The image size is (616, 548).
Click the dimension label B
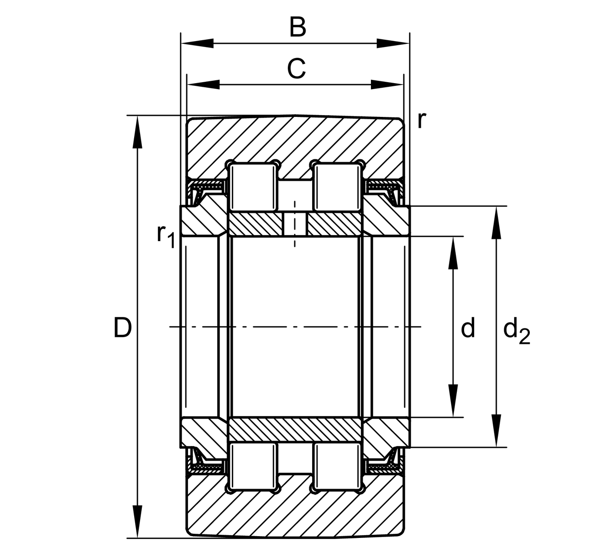click(298, 27)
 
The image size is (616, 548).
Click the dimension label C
click(296, 69)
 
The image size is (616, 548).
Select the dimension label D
click(122, 327)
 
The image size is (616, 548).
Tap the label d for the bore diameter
click(468, 328)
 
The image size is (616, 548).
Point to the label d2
click(516, 331)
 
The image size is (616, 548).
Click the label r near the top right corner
click(422, 120)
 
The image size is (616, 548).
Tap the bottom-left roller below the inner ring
click(254, 466)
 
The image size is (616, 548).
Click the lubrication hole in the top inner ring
click(295, 224)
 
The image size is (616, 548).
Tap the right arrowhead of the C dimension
click(388, 84)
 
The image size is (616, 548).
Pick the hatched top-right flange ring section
click(386, 221)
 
